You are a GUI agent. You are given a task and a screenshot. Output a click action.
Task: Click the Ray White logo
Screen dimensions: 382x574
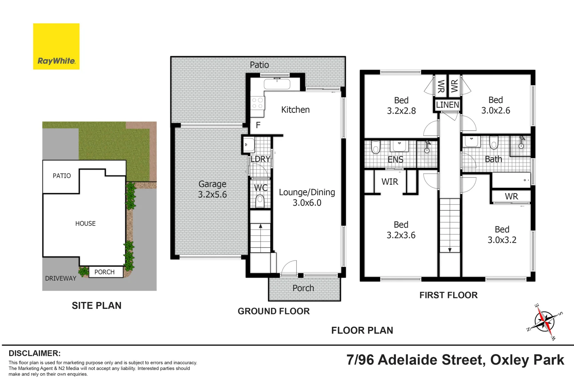coord(56,46)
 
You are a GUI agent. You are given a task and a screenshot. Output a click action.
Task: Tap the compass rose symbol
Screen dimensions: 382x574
coord(544,322)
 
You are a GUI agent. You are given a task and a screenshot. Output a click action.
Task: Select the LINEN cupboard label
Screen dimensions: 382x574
coord(448,105)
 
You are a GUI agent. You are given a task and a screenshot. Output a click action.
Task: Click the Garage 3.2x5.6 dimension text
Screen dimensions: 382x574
coord(212,195)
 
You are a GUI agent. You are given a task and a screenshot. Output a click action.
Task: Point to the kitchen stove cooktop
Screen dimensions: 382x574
coord(257,103)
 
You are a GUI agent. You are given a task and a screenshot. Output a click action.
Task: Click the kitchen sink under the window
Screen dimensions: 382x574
coord(277,84)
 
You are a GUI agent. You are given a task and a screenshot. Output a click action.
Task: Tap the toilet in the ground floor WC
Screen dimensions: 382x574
coord(260,201)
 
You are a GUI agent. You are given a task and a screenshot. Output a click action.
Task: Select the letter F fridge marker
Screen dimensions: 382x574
coord(258,125)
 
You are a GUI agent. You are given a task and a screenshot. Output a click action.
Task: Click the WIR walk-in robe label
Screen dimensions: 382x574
coord(390,182)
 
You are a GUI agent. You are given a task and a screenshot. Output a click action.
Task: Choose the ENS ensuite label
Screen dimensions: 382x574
coord(395,160)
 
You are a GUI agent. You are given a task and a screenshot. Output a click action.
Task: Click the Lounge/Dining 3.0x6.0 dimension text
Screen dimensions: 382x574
coord(307,203)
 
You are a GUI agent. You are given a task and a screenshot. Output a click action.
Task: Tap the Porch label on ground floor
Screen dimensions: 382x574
coord(303,288)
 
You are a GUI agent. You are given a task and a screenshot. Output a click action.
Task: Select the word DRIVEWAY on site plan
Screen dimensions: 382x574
coord(61,278)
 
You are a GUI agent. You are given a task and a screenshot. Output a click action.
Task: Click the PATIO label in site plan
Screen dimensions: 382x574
coord(62,176)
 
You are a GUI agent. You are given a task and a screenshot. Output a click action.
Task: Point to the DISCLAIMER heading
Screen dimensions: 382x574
coord(34,353)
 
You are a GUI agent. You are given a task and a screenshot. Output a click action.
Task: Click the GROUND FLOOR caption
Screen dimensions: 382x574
coord(274,311)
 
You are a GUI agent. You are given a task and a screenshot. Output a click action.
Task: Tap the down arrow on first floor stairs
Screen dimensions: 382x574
coord(450,250)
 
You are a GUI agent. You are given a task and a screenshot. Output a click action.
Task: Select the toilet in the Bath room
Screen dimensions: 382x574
coord(494,143)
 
